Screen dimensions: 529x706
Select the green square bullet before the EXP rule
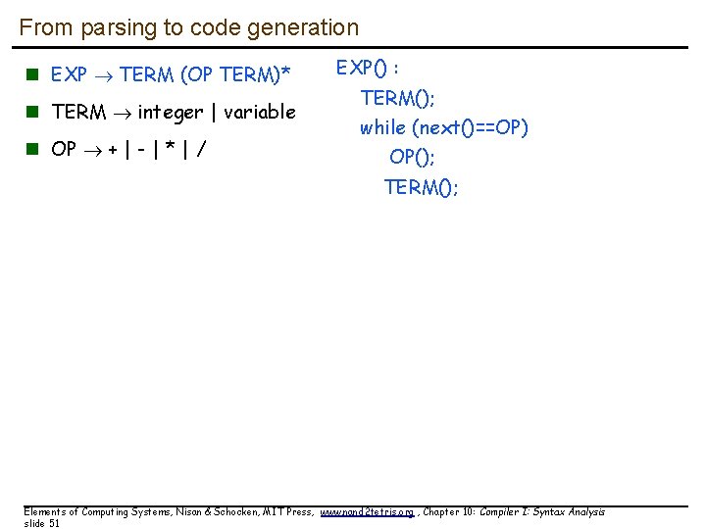pos(31,74)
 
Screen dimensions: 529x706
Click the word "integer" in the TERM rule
pos(171,113)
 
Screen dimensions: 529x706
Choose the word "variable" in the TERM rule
pos(259,113)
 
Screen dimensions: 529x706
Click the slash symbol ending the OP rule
pos(201,150)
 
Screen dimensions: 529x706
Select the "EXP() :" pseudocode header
pos(368,68)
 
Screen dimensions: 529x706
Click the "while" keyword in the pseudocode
pos(382,127)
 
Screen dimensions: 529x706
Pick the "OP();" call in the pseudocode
pos(412,157)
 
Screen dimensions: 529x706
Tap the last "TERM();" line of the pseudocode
pos(421,187)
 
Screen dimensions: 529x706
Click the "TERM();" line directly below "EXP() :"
pos(398,98)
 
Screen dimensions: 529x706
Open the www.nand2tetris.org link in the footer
pos(369,512)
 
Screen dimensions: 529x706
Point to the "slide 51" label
pos(42,524)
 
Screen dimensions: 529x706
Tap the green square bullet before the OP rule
pos(31,150)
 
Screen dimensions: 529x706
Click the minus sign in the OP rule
pos(143,150)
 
